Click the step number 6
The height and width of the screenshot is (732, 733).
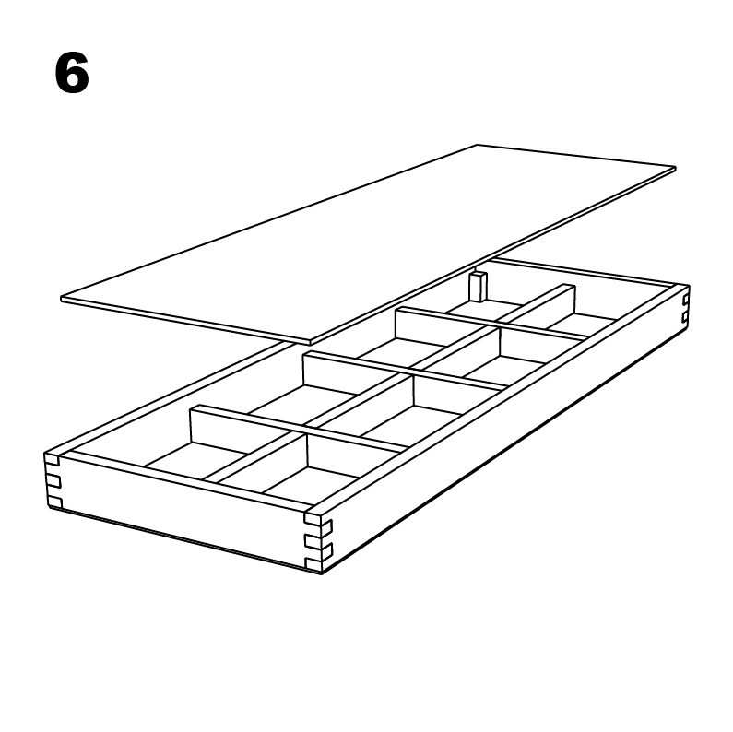tap(72, 74)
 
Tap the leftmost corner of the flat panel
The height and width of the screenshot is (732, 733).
tap(63, 298)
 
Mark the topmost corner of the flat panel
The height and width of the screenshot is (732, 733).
tap(478, 146)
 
